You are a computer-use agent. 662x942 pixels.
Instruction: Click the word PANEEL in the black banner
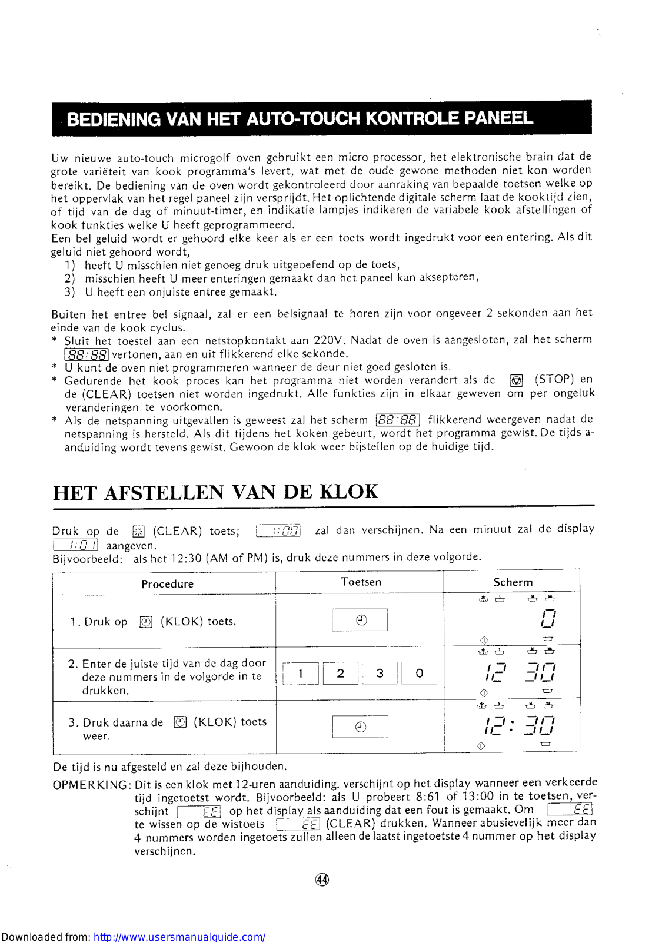click(x=498, y=118)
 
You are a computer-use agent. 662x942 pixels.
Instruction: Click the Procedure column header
click(x=167, y=583)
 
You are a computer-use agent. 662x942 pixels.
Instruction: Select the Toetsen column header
click(x=361, y=582)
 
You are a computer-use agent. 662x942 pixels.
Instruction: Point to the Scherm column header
click(x=513, y=582)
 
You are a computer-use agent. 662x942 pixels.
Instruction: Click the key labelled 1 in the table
click(x=301, y=674)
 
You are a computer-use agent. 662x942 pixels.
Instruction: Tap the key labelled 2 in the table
click(x=340, y=674)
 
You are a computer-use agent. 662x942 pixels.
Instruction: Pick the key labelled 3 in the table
click(x=380, y=673)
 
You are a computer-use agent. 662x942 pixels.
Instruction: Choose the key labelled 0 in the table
click(x=419, y=673)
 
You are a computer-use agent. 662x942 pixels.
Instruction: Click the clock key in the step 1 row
click(x=360, y=620)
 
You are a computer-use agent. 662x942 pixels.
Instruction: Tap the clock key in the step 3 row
click(x=360, y=727)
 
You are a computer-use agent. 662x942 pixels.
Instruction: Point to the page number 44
click(x=322, y=880)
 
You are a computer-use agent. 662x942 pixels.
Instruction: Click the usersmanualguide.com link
click(x=179, y=936)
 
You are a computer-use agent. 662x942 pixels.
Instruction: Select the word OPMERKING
click(x=91, y=785)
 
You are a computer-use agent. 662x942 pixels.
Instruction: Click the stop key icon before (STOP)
click(x=516, y=380)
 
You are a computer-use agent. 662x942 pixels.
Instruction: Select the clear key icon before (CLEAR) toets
click(x=138, y=531)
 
